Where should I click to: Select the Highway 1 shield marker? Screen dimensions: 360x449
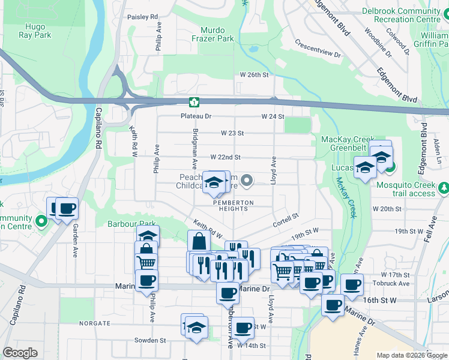click(x=194, y=102)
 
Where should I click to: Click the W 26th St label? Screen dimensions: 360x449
click(x=254, y=74)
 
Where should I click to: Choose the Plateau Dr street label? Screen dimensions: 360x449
click(x=196, y=116)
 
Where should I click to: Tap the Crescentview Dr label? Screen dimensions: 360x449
click(x=318, y=50)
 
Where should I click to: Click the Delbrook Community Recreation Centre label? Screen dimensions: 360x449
click(x=402, y=16)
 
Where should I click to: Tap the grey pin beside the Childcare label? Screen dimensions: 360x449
click(x=246, y=181)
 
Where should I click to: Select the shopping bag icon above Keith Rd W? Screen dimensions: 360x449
click(x=199, y=241)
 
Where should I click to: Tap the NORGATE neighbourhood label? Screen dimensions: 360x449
click(x=93, y=323)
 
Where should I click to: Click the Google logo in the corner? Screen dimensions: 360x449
click(x=20, y=353)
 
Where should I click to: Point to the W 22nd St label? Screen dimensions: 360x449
click(x=225, y=157)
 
